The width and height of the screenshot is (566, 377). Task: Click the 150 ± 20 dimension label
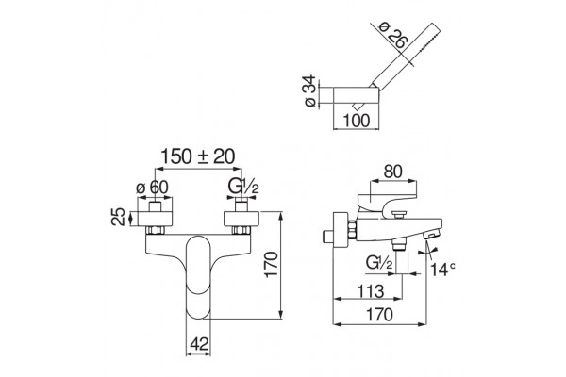coord(197,156)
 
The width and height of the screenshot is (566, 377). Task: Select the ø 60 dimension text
coord(152,188)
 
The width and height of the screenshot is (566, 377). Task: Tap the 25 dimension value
coord(119,217)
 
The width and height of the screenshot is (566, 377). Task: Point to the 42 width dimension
coord(199,345)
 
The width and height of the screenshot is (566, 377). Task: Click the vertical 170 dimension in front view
coord(272,265)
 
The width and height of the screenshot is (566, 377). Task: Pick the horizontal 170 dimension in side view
coord(380,314)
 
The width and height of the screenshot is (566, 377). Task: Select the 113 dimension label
coord(370,291)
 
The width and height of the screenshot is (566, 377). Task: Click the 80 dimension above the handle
coord(392,172)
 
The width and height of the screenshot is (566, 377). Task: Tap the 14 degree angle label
coord(443,269)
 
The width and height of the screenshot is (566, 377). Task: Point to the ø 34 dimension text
coord(310,90)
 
